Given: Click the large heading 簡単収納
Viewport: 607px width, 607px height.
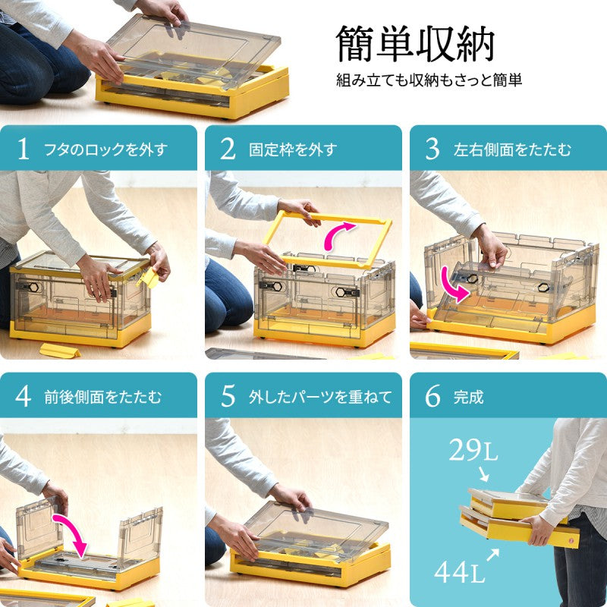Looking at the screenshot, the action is point(415,44).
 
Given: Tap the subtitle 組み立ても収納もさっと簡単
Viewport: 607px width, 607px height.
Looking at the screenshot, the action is point(429,80).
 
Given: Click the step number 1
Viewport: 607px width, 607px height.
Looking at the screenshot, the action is point(24,149).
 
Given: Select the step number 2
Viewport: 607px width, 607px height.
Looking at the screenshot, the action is point(228,149).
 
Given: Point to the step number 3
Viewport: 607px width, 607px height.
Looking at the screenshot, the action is point(432,149).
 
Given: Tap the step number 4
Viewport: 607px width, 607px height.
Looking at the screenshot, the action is point(24,396).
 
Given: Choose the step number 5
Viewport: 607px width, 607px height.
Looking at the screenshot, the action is point(228,396).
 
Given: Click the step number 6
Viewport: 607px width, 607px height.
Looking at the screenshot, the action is point(432,396).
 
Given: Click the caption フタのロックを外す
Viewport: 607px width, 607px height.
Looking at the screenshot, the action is point(106,149).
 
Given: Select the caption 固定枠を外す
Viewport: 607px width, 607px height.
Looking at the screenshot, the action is point(293,149).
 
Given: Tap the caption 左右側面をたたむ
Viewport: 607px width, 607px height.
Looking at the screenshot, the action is point(512,149).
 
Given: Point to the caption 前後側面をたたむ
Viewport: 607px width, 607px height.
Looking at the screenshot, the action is point(102,397).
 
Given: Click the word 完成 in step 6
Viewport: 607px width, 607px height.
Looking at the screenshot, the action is point(468,397).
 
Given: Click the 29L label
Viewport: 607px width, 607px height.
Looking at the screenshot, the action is point(473,451).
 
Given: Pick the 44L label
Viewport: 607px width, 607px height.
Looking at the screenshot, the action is point(459,572).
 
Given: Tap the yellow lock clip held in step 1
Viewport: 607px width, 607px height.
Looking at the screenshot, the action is point(148,278).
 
